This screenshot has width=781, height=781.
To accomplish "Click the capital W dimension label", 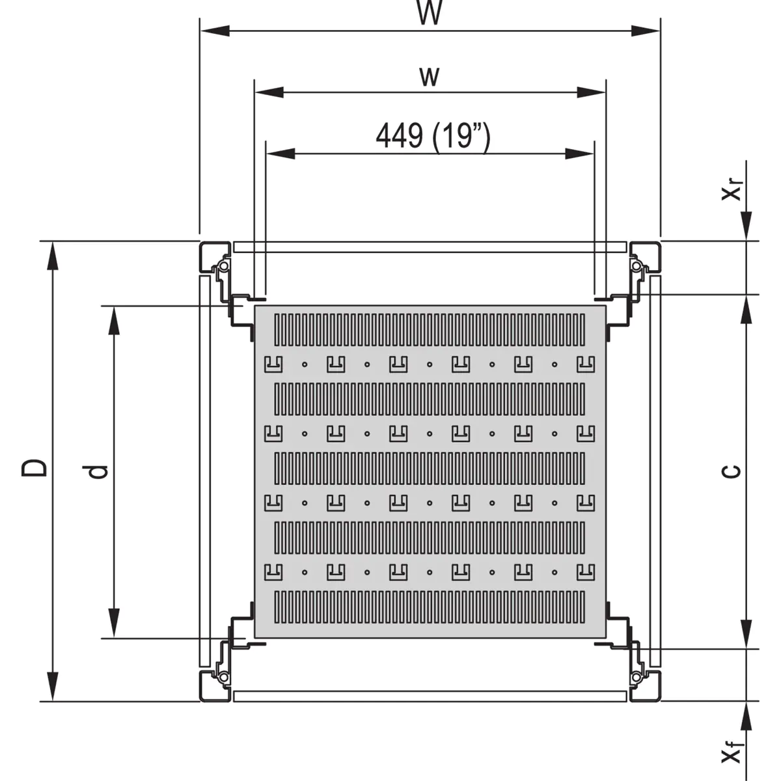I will (430, 13).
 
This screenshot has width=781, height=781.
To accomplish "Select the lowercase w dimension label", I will (430, 77).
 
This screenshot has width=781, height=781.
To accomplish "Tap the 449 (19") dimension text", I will (433, 136).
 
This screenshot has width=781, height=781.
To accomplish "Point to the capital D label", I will (34, 467).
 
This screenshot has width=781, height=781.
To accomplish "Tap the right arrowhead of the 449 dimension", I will (579, 154).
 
